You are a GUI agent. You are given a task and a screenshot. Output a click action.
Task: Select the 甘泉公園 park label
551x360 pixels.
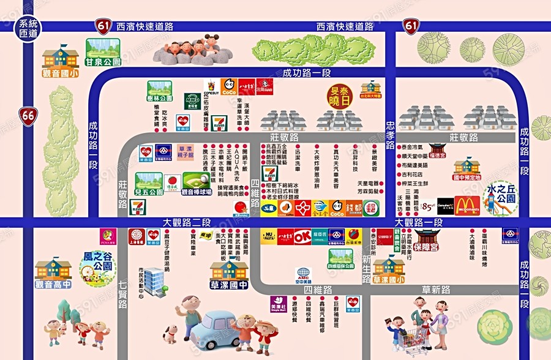tap(102, 62)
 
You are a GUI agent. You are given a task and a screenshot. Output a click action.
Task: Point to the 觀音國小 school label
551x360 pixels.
tap(60, 73)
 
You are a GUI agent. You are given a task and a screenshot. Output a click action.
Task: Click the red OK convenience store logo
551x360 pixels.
tap(302, 236)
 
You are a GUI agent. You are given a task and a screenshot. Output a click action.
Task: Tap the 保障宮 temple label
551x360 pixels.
tap(426, 250)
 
